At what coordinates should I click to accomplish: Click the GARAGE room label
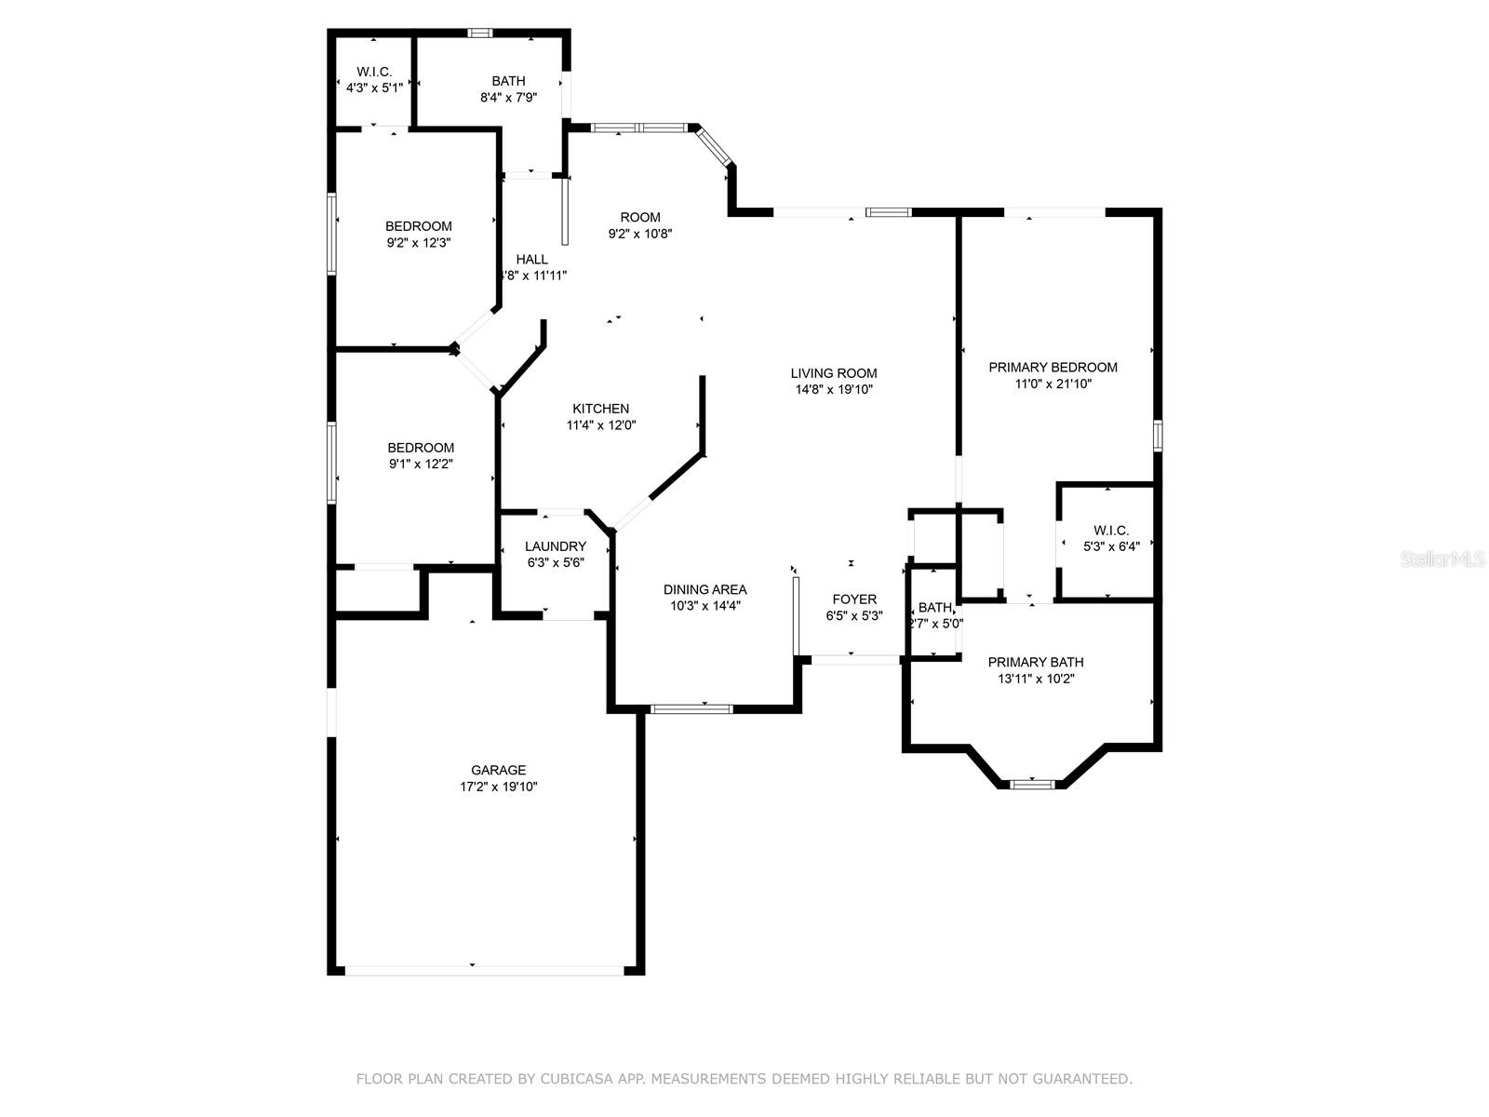tap(498, 770)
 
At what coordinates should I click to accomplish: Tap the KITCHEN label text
tap(600, 409)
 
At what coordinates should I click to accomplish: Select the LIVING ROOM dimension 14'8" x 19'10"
tap(834, 390)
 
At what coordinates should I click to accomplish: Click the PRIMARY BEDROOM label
tap(1053, 367)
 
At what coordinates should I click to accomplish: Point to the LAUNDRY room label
tap(555, 546)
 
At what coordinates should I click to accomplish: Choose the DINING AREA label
tap(704, 589)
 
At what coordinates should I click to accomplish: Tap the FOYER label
tap(853, 599)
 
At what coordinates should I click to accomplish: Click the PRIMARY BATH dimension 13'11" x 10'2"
tap(1036, 679)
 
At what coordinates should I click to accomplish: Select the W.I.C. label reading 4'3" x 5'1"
tap(374, 80)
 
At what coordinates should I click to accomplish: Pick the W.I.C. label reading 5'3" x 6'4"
tap(1111, 539)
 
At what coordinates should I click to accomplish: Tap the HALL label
tap(532, 259)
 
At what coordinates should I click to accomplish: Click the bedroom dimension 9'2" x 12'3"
tap(419, 242)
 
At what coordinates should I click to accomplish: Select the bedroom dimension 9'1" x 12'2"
tap(421, 464)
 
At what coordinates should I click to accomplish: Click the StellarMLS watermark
tap(1443, 559)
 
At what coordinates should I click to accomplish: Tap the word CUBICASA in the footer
tap(580, 1079)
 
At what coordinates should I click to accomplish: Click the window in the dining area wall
tap(691, 709)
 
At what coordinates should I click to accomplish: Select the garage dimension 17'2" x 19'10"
tap(498, 787)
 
